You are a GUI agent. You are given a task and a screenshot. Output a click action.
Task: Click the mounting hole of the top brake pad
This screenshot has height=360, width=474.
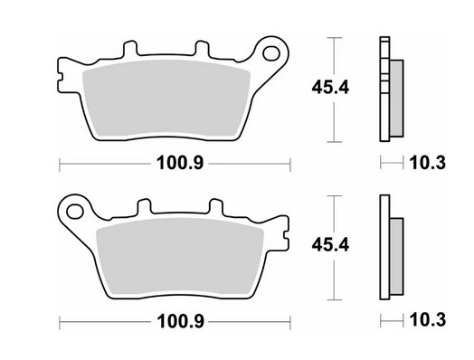click(x=271, y=53)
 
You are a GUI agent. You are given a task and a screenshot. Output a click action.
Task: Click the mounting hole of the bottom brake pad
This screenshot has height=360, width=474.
click(x=75, y=212)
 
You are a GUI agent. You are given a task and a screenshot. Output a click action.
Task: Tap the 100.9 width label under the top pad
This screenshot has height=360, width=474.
click(x=180, y=163)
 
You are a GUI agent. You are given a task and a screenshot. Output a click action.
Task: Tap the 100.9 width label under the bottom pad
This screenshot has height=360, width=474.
click(x=180, y=321)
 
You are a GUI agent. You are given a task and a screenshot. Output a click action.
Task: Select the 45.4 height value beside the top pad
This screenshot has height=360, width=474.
click(x=330, y=88)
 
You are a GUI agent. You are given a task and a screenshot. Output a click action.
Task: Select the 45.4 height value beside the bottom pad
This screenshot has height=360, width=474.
click(x=330, y=245)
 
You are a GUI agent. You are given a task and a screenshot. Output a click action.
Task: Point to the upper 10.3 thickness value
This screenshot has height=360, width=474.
click(x=428, y=163)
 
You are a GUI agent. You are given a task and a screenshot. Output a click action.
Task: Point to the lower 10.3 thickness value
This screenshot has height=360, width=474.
click(x=428, y=320)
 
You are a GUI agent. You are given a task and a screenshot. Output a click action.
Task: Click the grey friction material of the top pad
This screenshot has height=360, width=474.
click(x=166, y=99)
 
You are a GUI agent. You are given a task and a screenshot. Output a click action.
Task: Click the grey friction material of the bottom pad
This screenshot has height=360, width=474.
click(x=180, y=256)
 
